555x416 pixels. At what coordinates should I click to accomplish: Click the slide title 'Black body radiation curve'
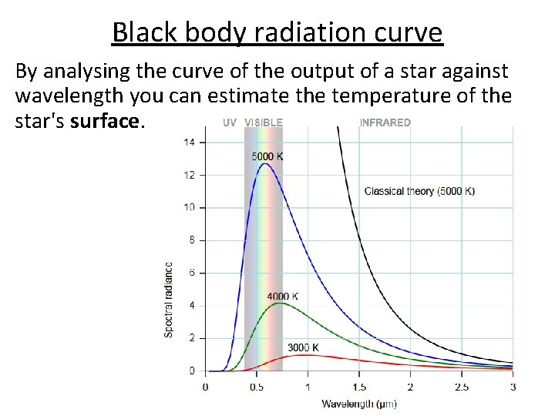[277, 32]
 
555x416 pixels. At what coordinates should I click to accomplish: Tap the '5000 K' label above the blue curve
[267, 156]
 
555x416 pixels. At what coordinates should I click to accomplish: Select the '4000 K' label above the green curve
[282, 296]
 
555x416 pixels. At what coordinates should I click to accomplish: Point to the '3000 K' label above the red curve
[303, 347]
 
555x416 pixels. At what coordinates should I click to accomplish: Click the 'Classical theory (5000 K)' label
[419, 191]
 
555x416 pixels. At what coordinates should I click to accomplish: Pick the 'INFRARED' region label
[385, 122]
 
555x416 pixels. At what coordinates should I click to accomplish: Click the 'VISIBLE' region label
[264, 122]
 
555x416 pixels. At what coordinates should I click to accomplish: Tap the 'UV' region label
[230, 122]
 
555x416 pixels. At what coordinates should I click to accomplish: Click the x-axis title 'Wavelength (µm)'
[358, 404]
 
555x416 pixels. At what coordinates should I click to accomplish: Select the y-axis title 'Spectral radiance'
[169, 299]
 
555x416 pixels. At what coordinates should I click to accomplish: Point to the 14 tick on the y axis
[190, 142]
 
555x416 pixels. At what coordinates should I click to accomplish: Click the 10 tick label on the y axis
[190, 207]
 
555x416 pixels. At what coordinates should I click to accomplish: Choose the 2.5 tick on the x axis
[461, 386]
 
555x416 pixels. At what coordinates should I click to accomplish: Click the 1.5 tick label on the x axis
[358, 386]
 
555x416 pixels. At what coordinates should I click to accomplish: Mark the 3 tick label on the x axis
[513, 386]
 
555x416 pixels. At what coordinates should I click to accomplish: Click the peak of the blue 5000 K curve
[264, 163]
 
